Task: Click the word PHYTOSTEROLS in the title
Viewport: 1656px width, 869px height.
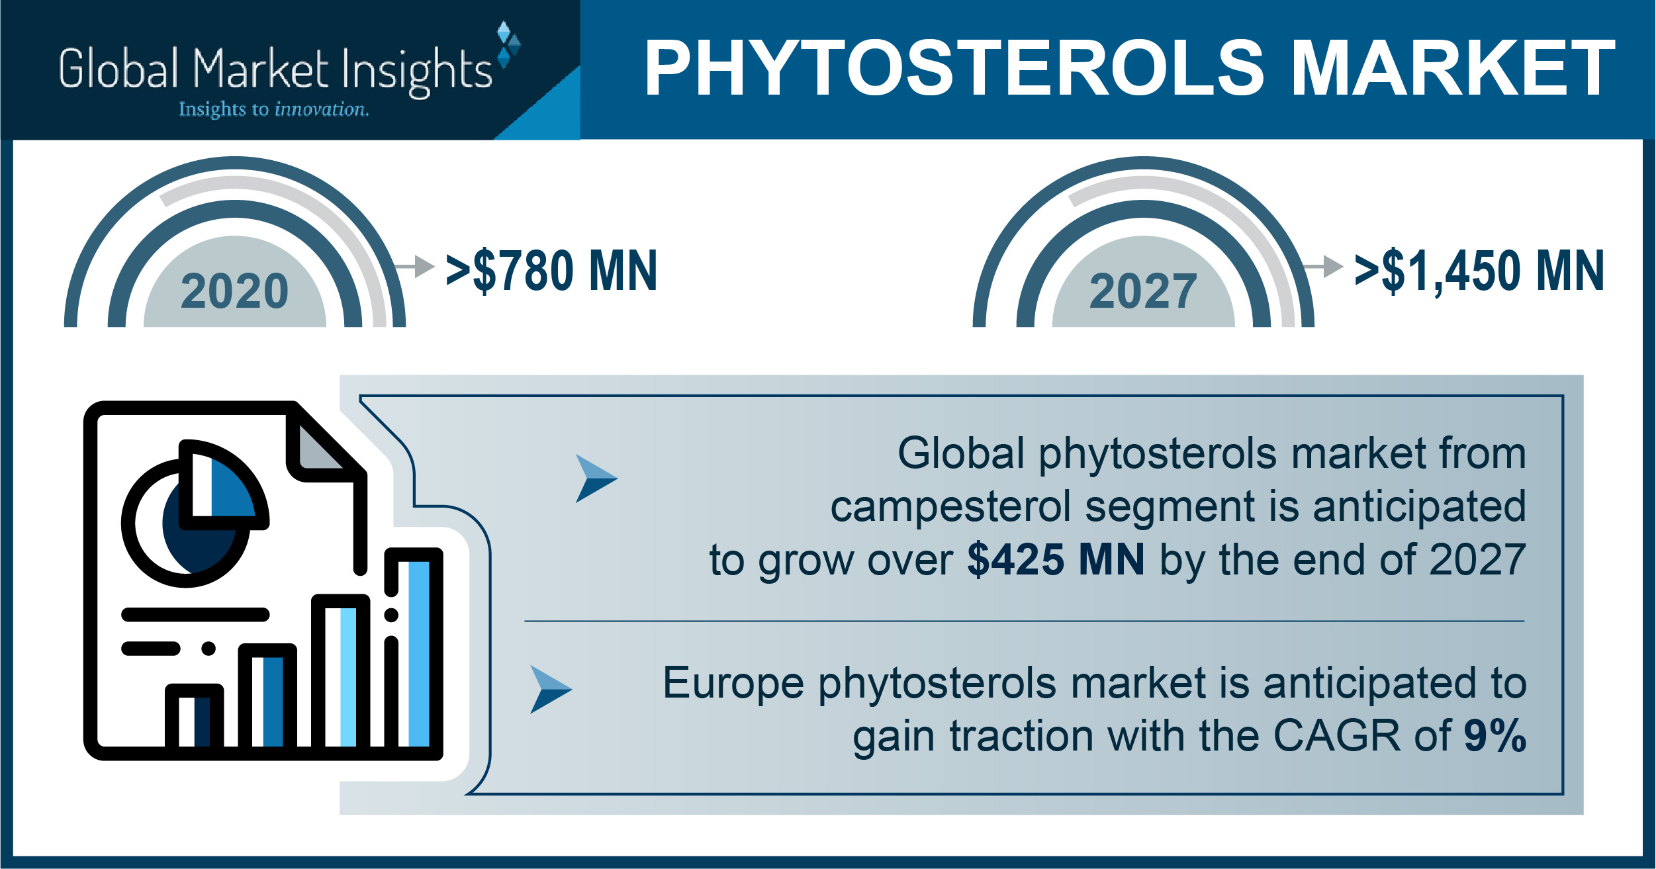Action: (954, 68)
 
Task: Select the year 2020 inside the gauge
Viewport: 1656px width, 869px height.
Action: (234, 291)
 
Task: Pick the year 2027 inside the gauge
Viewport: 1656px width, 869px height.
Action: (1143, 291)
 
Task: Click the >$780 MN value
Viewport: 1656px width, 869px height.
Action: (552, 271)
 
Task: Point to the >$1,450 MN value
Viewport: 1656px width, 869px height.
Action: (1480, 271)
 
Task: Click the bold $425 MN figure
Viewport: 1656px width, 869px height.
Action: (1056, 559)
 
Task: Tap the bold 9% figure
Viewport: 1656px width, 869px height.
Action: (1495, 735)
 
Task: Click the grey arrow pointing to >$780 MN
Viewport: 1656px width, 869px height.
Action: (414, 266)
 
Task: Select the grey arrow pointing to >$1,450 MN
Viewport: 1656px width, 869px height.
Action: (1323, 266)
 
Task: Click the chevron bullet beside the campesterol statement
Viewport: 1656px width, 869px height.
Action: (595, 478)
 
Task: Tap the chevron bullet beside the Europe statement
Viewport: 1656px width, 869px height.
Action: (550, 690)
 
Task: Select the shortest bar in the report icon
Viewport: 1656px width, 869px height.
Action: (194, 719)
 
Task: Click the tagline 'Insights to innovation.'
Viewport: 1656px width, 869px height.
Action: (274, 109)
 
